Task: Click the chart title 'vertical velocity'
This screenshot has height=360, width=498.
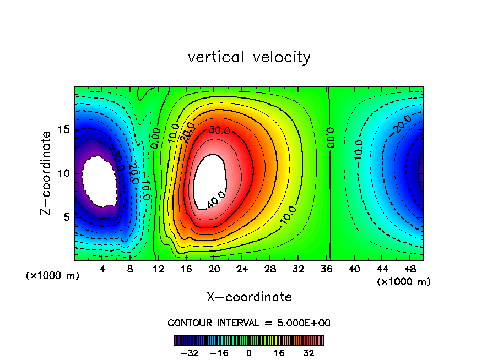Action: (249, 57)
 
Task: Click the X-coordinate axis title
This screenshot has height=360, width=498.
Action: (249, 297)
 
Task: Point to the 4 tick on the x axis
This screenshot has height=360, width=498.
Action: (102, 269)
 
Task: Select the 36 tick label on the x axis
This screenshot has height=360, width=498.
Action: (326, 269)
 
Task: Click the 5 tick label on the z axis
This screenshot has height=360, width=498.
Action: (67, 217)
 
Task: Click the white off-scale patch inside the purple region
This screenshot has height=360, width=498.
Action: (99, 181)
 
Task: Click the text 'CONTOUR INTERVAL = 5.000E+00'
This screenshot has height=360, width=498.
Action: (249, 323)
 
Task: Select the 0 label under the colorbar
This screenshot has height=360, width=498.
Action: (249, 353)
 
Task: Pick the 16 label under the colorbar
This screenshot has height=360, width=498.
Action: (279, 353)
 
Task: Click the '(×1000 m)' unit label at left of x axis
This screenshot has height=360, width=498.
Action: (53, 276)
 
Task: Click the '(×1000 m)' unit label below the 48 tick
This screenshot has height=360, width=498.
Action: (404, 282)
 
